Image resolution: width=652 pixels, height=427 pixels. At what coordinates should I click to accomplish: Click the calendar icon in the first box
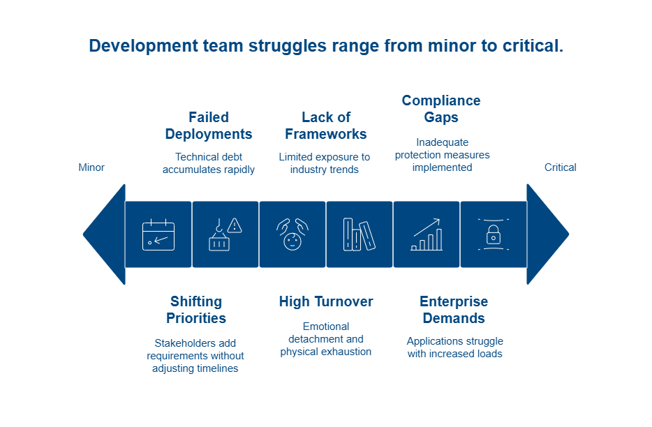(x=158, y=234)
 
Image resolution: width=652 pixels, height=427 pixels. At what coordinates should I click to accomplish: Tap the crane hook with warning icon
(x=225, y=234)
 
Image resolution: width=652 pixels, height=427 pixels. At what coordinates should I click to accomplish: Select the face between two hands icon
(x=292, y=234)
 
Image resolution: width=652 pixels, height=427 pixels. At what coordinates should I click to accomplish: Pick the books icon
(x=359, y=234)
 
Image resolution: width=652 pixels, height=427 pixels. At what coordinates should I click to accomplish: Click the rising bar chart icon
(x=426, y=234)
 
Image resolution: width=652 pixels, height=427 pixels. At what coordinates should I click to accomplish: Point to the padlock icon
(x=493, y=234)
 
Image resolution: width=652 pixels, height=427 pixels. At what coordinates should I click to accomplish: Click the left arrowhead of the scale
(x=105, y=234)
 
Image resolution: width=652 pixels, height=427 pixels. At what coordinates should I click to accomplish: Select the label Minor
(x=91, y=167)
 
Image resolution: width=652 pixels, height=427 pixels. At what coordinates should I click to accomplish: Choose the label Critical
(x=561, y=167)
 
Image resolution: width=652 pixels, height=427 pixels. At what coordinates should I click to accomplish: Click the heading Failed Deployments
(x=209, y=126)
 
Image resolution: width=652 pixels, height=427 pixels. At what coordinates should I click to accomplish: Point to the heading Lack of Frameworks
(x=326, y=126)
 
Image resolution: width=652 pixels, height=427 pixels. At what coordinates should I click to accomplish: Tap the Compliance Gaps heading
(x=441, y=109)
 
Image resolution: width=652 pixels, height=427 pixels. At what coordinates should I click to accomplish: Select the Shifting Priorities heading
(x=196, y=310)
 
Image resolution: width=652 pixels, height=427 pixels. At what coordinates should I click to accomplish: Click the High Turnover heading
(x=326, y=301)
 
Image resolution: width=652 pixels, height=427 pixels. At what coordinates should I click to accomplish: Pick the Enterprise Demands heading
(x=454, y=310)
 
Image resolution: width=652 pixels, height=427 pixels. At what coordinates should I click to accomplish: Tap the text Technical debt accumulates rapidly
(x=209, y=163)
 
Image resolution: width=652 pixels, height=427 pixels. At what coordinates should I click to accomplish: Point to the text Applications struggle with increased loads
(x=454, y=347)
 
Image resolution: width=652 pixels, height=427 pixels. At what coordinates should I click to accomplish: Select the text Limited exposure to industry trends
(x=325, y=163)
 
